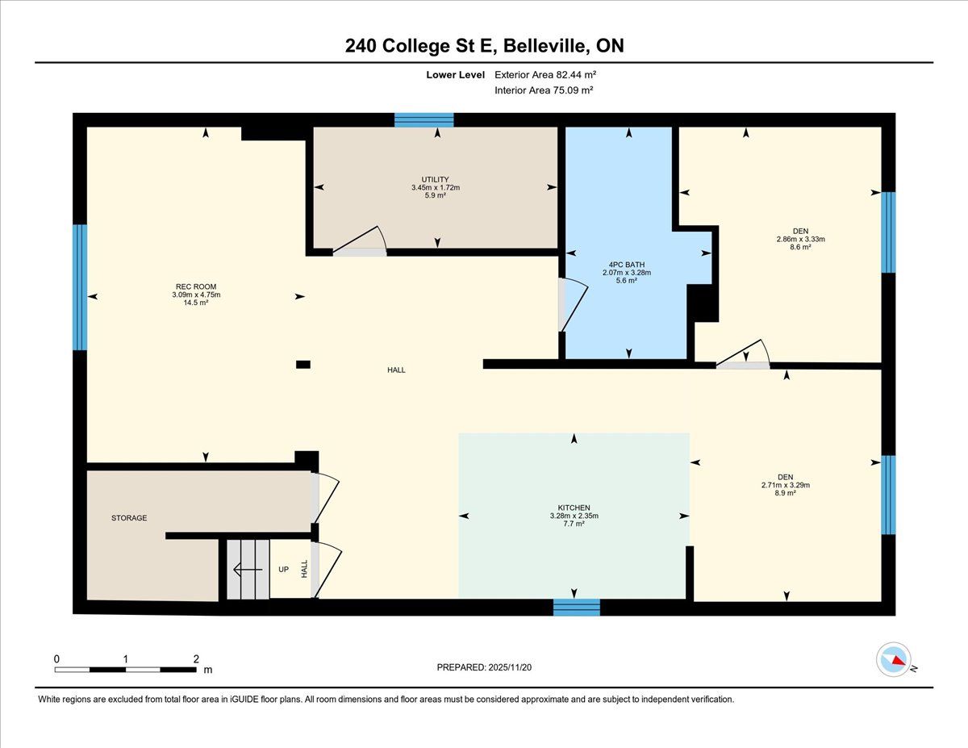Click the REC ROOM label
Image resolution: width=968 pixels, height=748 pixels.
[196, 286]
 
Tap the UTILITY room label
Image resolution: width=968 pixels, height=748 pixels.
[436, 179]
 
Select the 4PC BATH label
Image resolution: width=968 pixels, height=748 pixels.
[627, 264]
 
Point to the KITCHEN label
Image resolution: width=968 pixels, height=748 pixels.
[574, 508]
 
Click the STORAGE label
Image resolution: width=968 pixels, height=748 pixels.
[129, 518]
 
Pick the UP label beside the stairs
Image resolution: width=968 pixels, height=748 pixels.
[284, 570]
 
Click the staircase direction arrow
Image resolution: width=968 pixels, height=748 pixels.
[248, 570]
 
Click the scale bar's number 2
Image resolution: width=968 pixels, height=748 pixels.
[196, 658]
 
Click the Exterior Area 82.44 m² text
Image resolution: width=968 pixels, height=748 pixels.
[545, 75]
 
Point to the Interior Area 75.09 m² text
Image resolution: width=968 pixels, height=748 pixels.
[544, 90]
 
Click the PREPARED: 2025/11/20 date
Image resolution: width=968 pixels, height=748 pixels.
[484, 667]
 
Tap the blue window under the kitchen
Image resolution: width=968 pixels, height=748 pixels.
[577, 608]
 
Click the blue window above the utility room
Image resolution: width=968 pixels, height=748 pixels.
[424, 120]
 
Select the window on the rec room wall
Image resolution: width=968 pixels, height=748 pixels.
[80, 287]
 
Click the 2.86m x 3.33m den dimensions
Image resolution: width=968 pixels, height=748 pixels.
[800, 239]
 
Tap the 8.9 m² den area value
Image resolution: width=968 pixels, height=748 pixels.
[786, 493]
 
